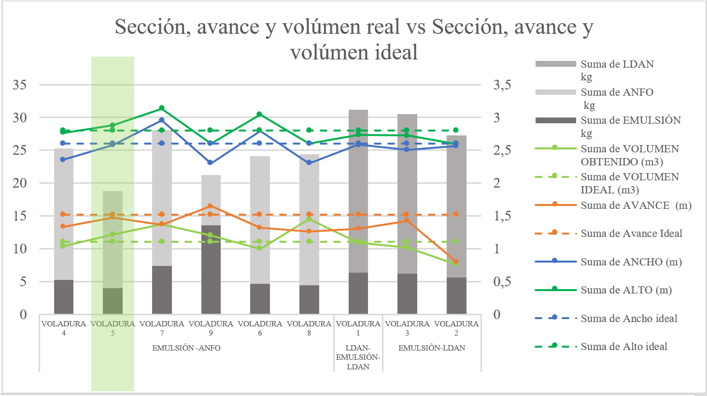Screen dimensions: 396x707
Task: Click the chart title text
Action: tap(353, 39)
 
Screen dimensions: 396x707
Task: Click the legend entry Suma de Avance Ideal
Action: tap(631, 234)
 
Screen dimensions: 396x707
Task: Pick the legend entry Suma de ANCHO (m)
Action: tap(631, 262)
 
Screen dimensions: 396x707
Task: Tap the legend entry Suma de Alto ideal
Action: tap(623, 347)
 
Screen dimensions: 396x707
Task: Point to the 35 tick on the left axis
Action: tap(20, 85)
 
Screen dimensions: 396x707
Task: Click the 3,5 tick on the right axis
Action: tap(502, 85)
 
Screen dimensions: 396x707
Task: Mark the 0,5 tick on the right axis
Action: tap(502, 282)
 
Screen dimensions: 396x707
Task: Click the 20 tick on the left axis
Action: tap(20, 183)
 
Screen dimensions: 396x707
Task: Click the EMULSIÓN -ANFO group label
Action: tap(186, 348)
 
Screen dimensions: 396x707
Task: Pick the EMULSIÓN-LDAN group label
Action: tap(432, 348)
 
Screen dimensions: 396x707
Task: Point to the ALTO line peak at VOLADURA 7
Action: tap(162, 108)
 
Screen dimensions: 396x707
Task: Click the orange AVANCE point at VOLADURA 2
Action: tap(456, 262)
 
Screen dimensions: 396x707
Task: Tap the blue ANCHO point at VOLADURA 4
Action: tap(63, 160)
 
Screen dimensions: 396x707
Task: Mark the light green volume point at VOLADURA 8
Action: tap(309, 219)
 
